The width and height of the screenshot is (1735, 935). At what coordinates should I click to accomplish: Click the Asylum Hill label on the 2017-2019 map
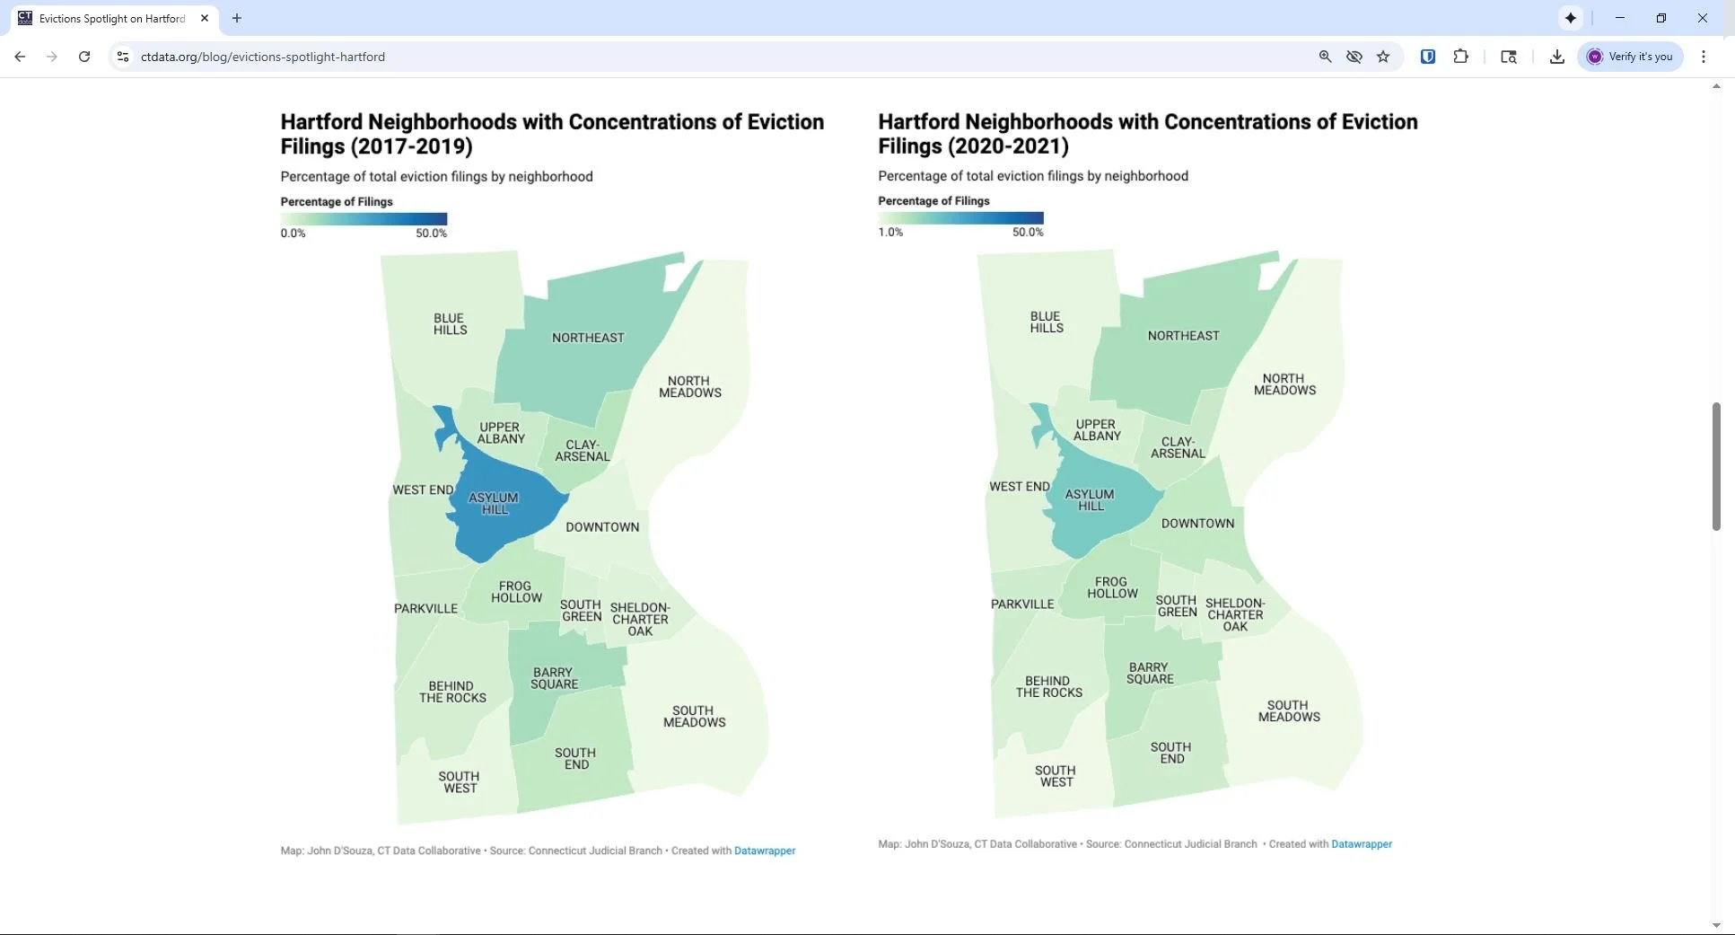pyautogui.click(x=494, y=503)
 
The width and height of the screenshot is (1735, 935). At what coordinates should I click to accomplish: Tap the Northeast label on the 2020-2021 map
pyautogui.click(x=1183, y=336)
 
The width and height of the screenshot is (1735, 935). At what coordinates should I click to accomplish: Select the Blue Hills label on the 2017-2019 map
pyautogui.click(x=450, y=324)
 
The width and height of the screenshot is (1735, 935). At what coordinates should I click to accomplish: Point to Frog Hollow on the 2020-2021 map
pyautogui.click(x=1112, y=587)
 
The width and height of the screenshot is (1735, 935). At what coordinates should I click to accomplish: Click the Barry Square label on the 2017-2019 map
pyautogui.click(x=554, y=678)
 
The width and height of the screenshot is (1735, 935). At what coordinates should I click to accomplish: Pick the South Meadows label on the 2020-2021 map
pyautogui.click(x=1288, y=711)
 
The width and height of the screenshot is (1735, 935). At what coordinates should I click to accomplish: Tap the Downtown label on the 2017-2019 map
pyautogui.click(x=602, y=527)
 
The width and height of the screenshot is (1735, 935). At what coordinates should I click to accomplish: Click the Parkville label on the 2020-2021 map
pyautogui.click(x=1022, y=604)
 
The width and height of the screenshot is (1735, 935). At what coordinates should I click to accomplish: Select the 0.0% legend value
pyautogui.click(x=293, y=234)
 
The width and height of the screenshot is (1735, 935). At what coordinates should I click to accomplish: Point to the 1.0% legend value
pyautogui.click(x=890, y=233)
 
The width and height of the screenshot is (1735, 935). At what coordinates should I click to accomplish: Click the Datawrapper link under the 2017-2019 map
pyautogui.click(x=765, y=851)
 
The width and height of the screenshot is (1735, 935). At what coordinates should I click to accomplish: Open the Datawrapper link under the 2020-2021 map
pyautogui.click(x=1362, y=844)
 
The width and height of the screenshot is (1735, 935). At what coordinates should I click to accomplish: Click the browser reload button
pyautogui.click(x=84, y=57)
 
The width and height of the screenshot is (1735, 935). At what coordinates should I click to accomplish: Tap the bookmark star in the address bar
pyautogui.click(x=1383, y=57)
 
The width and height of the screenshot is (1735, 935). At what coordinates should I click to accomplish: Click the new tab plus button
pyautogui.click(x=237, y=18)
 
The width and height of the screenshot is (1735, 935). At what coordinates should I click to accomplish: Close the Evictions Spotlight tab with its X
pyautogui.click(x=205, y=18)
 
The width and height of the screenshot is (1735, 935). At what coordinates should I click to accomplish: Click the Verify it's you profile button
pyautogui.click(x=1630, y=57)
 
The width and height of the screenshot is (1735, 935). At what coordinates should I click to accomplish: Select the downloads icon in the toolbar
pyautogui.click(x=1557, y=57)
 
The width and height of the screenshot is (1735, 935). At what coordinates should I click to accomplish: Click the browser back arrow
pyautogui.click(x=20, y=57)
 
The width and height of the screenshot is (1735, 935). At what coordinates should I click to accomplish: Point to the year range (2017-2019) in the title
pyautogui.click(x=414, y=146)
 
